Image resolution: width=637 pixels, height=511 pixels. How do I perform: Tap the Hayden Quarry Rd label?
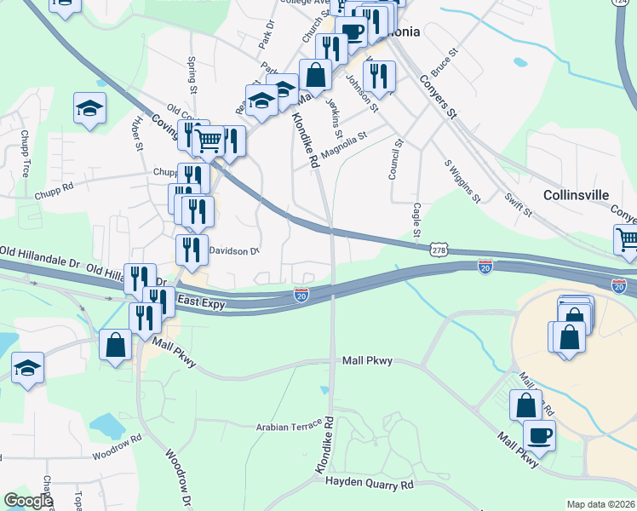370,483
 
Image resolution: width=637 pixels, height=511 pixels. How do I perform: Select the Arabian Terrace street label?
290,426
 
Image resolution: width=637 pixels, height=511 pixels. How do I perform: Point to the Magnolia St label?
344,137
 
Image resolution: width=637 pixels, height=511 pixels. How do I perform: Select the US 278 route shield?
439,250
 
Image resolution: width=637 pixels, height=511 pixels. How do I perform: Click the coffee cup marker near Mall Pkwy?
539,436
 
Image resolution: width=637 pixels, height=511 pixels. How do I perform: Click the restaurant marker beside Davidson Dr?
192,249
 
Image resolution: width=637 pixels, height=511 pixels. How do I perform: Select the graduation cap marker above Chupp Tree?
89,107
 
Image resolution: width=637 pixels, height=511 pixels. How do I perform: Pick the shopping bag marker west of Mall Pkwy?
116,346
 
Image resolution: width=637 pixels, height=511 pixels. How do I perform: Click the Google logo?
28,502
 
